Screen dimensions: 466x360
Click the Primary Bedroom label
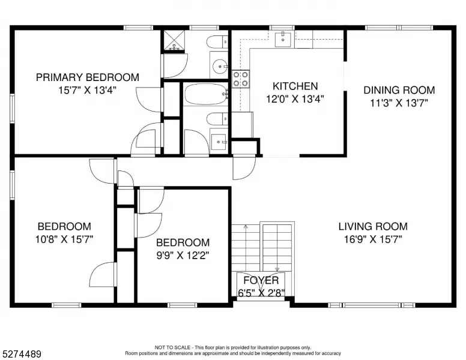click(x=88, y=77)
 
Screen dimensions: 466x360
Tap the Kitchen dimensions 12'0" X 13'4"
click(x=295, y=98)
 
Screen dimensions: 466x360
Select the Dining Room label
click(x=399, y=90)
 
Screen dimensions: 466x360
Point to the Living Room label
click(x=373, y=226)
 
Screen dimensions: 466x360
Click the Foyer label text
click(x=261, y=280)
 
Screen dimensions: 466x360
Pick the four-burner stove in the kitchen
click(x=240, y=79)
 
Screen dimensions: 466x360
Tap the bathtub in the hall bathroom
click(x=205, y=94)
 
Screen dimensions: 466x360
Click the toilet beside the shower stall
click(x=217, y=42)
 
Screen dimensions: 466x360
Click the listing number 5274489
click(x=22, y=354)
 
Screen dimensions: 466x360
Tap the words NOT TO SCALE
click(x=172, y=347)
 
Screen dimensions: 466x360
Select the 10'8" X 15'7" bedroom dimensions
click(x=64, y=239)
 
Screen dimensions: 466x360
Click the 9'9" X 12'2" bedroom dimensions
click(x=183, y=255)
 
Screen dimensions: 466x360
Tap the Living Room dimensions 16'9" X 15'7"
click(x=373, y=239)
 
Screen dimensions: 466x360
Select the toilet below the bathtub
click(x=217, y=119)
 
